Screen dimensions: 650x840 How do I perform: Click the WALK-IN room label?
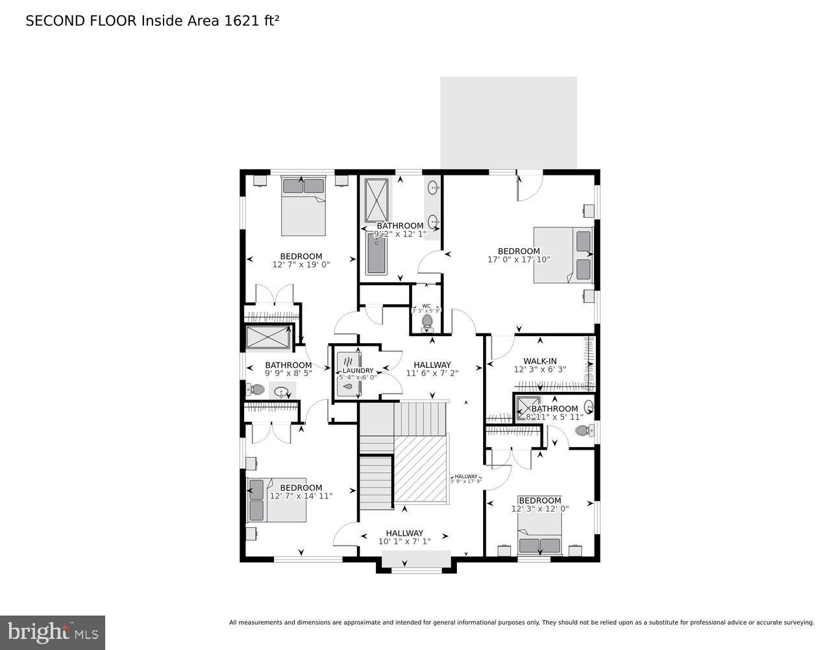point(540,361)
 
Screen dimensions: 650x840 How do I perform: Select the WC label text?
point(426,305)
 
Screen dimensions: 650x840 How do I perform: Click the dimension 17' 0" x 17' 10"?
point(519,259)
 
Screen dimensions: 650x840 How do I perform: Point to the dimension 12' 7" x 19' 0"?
point(301,265)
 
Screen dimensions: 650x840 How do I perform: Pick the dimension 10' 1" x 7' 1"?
point(404,541)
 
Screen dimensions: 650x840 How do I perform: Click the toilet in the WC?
point(427,321)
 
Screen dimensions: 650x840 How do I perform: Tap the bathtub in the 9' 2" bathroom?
point(376,253)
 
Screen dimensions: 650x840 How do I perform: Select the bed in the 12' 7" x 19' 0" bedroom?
point(303,206)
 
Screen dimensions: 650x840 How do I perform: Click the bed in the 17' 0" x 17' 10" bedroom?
point(563,254)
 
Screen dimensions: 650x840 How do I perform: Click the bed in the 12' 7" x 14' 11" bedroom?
point(277,500)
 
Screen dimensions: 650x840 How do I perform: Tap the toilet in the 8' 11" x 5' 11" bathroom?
point(582,430)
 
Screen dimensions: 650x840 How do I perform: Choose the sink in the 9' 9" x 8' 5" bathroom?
point(282,392)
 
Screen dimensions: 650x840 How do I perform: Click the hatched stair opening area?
point(421,469)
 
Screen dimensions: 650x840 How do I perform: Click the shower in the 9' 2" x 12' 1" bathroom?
point(376,200)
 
